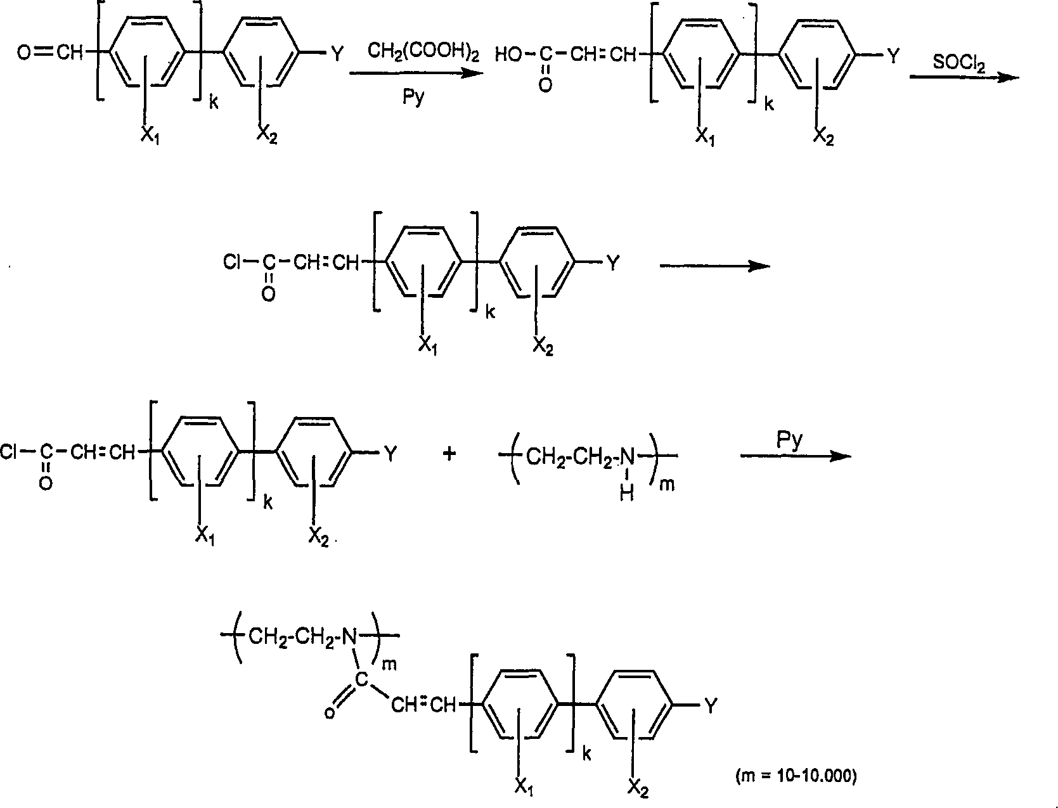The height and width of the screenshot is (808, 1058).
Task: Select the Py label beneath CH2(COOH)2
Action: tap(413, 98)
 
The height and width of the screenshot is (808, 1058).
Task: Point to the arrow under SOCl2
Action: tap(964, 77)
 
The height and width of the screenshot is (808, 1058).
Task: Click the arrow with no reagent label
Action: tap(714, 266)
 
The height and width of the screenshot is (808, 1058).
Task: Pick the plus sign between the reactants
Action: tap(449, 454)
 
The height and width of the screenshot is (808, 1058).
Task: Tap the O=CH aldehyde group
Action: tap(51, 54)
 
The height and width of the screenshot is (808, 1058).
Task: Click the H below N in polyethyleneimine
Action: tap(626, 494)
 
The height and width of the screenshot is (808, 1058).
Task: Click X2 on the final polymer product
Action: tap(638, 788)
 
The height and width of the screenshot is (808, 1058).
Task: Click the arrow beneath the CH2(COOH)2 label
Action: tap(415, 74)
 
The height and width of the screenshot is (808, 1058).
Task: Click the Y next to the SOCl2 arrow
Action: tap(893, 56)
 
